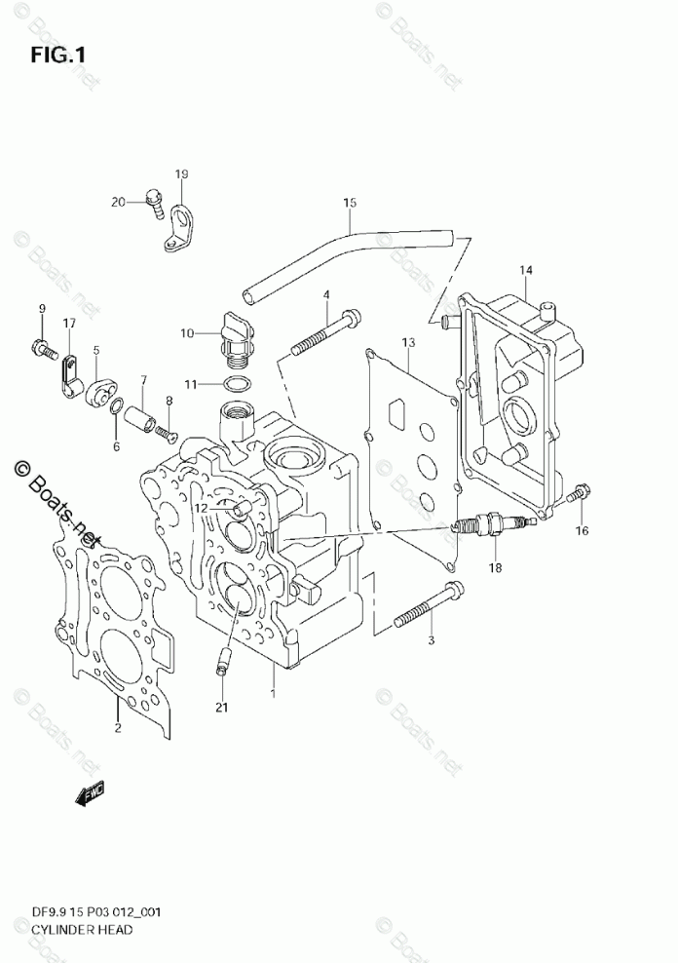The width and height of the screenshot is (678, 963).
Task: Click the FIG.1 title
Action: [x=57, y=56]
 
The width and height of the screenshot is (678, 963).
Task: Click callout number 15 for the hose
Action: [x=350, y=203]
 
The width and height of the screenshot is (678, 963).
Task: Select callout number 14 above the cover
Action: [x=525, y=270]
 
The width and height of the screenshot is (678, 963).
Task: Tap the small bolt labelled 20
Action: [x=152, y=200]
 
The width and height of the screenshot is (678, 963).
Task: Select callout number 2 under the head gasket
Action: [x=117, y=727]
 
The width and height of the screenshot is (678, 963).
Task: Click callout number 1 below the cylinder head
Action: [x=274, y=693]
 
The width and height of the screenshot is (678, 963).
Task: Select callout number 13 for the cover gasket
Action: [x=407, y=342]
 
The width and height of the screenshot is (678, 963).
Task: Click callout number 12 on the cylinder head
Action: [x=200, y=508]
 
